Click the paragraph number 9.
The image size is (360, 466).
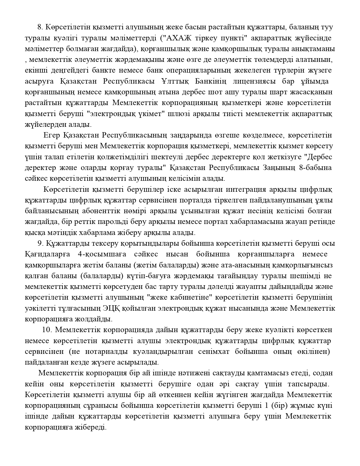click(39, 243)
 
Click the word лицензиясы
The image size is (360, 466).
click(254, 82)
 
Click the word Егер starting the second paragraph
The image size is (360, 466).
click(52, 135)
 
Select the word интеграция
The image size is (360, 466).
click(236, 189)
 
